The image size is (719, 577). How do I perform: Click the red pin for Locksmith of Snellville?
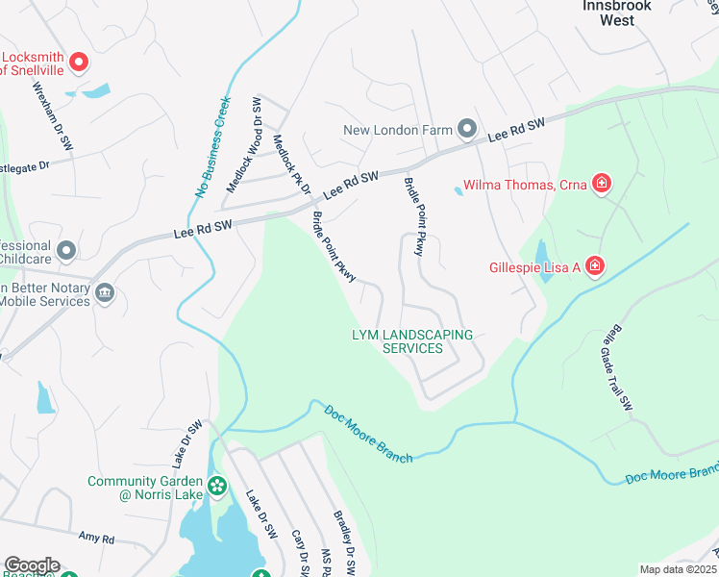pos(80,63)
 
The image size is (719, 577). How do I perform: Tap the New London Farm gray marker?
pos(467,129)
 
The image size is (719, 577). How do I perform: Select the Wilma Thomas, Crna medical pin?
pos(601,184)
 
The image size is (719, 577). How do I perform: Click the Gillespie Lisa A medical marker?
pos(595,265)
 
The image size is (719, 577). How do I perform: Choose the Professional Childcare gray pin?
pos(66,251)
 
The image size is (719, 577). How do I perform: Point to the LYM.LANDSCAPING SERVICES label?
pos(412,341)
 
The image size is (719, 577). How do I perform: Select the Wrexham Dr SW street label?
pos(54,114)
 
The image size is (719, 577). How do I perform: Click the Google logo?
pos(31,565)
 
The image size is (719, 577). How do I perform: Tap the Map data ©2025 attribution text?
pos(677,569)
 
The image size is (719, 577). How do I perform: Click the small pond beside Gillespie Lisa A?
pos(542,261)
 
